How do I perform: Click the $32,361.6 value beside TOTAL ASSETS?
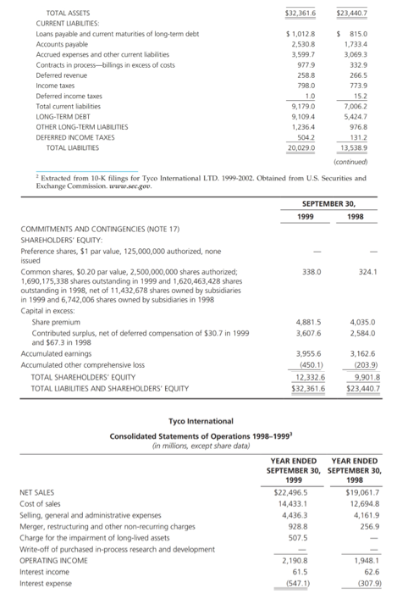coord(300,14)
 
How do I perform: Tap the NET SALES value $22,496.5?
coord(291,491)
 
